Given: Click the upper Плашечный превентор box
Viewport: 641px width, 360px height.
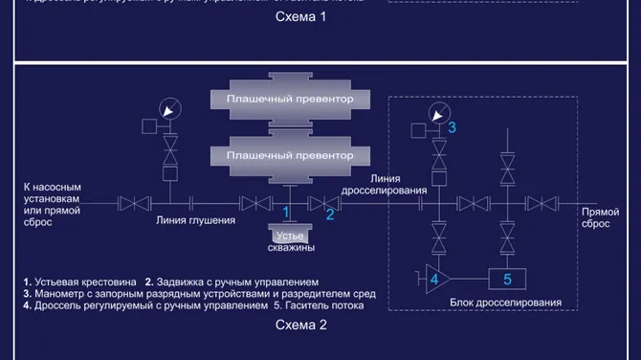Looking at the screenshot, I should coord(290,100).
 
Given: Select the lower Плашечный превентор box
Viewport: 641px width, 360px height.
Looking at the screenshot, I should coord(290,155).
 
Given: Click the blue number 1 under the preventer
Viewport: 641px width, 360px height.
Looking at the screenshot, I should coord(286,214).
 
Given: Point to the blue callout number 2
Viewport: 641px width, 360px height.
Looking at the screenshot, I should coord(330,214).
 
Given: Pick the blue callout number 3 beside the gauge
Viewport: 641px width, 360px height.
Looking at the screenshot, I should coord(453,126).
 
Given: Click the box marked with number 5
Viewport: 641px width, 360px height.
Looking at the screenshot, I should coord(508,279).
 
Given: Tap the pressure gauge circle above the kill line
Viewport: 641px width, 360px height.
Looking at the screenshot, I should coord(170,112).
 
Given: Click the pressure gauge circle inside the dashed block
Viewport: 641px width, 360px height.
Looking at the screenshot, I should coord(438,112).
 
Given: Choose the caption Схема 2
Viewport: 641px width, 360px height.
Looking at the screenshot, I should coord(301,325).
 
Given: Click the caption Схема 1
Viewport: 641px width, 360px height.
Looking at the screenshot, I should coord(301,17).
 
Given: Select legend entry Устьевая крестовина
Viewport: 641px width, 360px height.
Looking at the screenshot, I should coord(84,281).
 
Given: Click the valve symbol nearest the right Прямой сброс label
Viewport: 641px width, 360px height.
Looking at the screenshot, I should coord(542,202).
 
